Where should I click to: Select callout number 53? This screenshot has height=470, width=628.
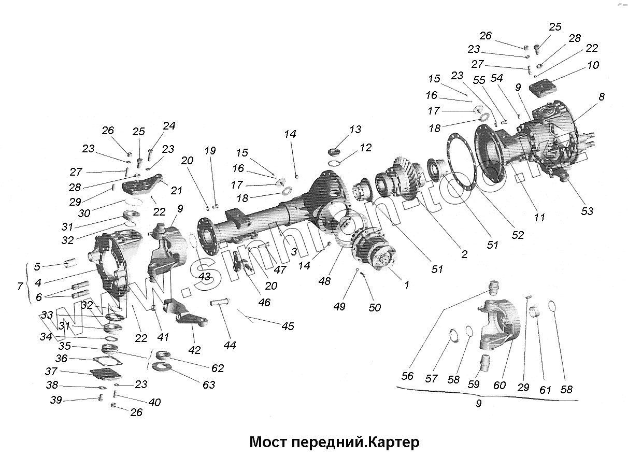[x=587, y=211]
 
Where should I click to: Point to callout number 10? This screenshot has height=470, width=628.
[x=593, y=65]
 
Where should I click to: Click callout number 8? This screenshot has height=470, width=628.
[x=601, y=97]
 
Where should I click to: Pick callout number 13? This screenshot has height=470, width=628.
[x=355, y=130]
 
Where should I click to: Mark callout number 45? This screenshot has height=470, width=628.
[x=288, y=326]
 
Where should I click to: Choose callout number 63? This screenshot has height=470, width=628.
[x=209, y=384]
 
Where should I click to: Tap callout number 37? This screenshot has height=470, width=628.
[x=51, y=372]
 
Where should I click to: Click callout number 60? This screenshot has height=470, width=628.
[x=499, y=385]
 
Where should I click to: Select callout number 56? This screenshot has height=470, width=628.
[x=408, y=376]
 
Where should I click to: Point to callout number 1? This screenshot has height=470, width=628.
[x=407, y=284]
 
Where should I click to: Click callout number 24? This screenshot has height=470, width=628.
[x=169, y=126]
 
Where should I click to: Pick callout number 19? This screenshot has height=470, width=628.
[x=209, y=151]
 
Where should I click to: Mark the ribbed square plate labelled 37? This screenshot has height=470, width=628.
[x=105, y=373]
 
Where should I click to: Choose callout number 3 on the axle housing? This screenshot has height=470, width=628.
[x=293, y=251]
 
